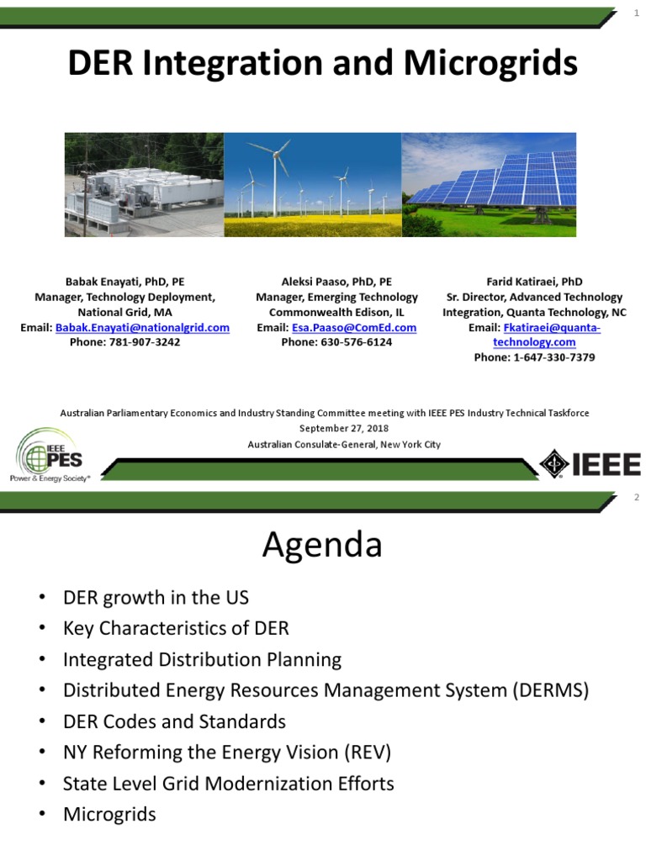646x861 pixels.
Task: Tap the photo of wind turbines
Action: [312, 184]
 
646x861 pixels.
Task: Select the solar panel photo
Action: [489, 184]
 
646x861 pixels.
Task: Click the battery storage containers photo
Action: [144, 184]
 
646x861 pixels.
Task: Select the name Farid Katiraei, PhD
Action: [534, 282]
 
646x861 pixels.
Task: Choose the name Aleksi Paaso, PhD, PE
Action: [336, 282]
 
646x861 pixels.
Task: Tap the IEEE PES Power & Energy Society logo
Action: [52, 455]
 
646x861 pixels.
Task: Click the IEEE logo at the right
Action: [590, 464]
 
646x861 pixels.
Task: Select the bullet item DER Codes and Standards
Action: [174, 721]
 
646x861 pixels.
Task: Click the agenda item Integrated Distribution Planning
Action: [202, 659]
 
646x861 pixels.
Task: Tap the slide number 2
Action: [637, 498]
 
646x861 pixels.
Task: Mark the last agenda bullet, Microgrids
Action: [109, 815]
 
